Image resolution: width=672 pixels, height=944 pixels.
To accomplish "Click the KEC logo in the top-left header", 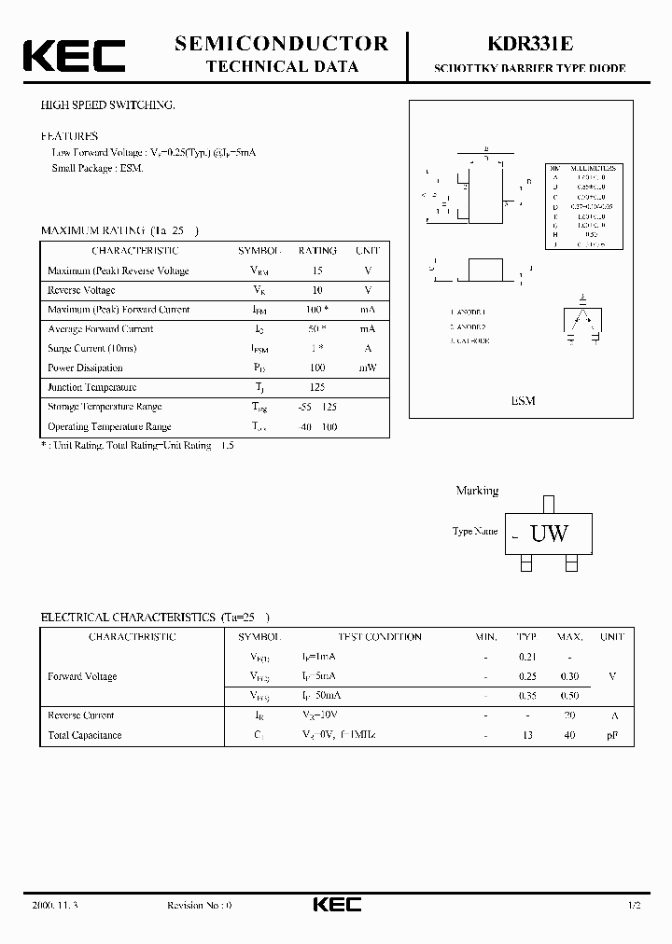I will click(74, 54).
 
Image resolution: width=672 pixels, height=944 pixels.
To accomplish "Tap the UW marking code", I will click(549, 534).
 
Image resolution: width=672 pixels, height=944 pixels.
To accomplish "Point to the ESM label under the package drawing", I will click(523, 400).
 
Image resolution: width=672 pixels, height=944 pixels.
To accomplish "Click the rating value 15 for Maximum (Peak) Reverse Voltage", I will click(317, 271).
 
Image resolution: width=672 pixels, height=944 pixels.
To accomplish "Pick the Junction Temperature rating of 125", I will click(317, 387).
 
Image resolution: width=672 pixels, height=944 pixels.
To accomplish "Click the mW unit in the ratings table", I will click(368, 368).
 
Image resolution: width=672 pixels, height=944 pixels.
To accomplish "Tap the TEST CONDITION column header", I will click(379, 637).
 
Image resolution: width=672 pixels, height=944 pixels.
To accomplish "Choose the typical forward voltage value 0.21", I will click(527, 657).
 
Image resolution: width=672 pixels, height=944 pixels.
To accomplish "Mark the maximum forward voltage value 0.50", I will click(569, 696).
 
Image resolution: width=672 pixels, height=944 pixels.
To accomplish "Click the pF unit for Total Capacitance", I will click(612, 735).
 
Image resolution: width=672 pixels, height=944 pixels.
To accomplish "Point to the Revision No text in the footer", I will click(199, 906).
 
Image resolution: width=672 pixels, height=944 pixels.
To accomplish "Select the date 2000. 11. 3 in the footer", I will click(57, 906).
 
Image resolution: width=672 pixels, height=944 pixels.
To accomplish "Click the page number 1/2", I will click(635, 906).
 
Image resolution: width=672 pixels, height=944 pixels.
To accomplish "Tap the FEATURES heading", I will click(69, 136).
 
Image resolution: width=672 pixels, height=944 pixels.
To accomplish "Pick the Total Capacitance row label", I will click(84, 735).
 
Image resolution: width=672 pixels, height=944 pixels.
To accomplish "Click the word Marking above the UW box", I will click(477, 491).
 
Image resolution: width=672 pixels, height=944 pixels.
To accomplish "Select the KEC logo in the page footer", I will click(336, 905).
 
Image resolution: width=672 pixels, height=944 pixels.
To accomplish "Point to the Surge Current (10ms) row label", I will click(91, 348).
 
